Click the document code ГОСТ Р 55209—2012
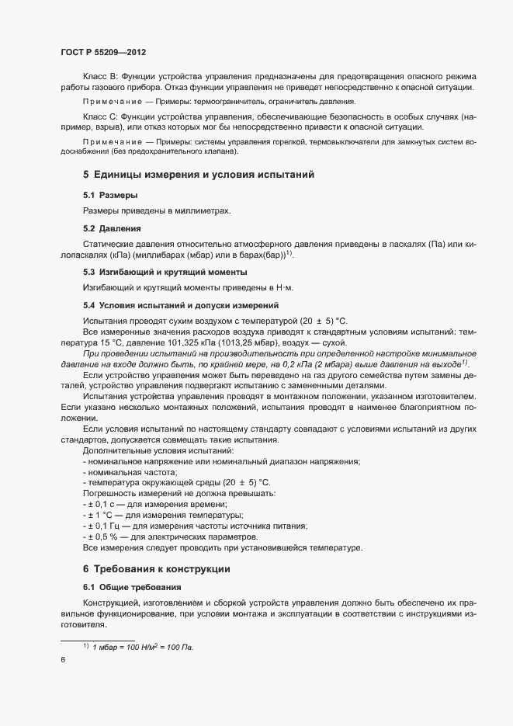pyautogui.click(x=103, y=53)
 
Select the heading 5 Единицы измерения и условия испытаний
pyautogui.click(x=198, y=175)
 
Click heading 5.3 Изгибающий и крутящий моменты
pyautogui.click(x=165, y=272)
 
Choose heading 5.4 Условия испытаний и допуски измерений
pyautogui.click(x=181, y=305)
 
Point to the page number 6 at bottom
pyautogui.click(x=63, y=660)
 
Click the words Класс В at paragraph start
pyautogui.click(x=98, y=76)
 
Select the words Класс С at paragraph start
pyautogui.click(x=98, y=116)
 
